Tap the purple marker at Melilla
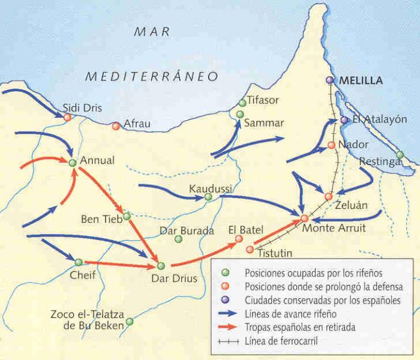click(x=329, y=80)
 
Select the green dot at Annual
click(x=73, y=163)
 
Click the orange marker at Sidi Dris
click(x=67, y=118)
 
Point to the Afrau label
click(x=136, y=124)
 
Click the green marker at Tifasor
click(x=242, y=103)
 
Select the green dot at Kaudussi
click(x=208, y=196)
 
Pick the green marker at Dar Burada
click(x=178, y=239)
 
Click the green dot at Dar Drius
click(x=160, y=265)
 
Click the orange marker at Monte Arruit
click(x=304, y=218)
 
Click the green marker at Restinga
click(x=400, y=155)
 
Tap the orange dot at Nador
click(x=331, y=145)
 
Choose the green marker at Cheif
click(x=79, y=262)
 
